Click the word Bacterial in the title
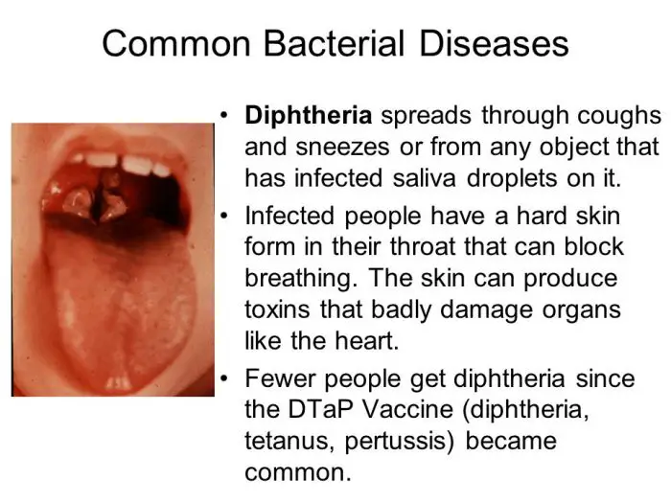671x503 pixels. pos(334,43)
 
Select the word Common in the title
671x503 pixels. pos(176,44)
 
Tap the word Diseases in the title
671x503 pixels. pos(494,43)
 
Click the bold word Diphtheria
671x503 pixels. pos(308,116)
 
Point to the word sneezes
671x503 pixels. pos(342,148)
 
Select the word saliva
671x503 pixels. pos(424,178)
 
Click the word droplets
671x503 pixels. pos(512,179)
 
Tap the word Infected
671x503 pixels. pos(289,216)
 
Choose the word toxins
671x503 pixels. pos(277,309)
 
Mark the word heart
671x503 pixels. pos(366,341)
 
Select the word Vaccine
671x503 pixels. pos(407,409)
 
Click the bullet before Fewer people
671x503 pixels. pos(223,378)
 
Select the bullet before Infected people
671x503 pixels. pos(223,216)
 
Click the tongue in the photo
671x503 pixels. pos(121,308)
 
